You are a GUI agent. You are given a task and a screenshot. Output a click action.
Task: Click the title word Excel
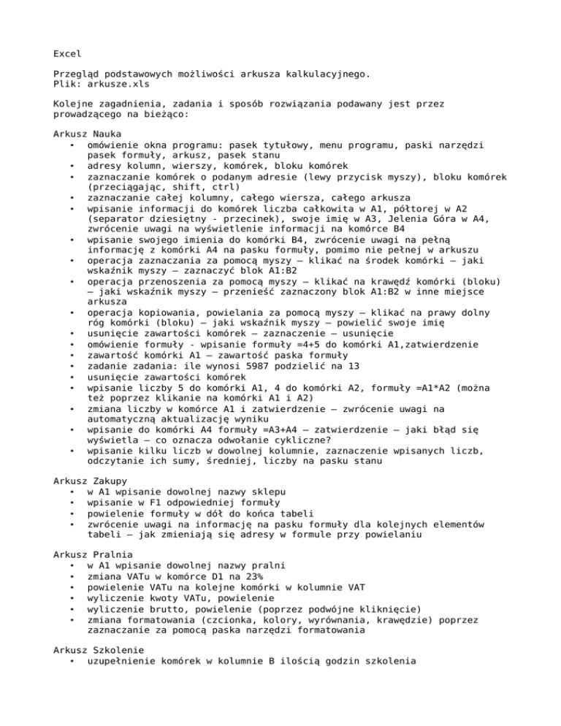coord(68,53)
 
